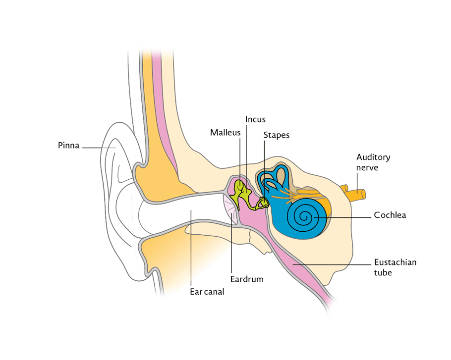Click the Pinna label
68,146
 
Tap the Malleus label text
225,132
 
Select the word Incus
255,119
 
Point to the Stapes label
276,135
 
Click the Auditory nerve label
373,162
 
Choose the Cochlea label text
390,215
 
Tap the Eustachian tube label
395,267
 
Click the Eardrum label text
247,279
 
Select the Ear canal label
207,292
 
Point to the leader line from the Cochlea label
347,216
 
